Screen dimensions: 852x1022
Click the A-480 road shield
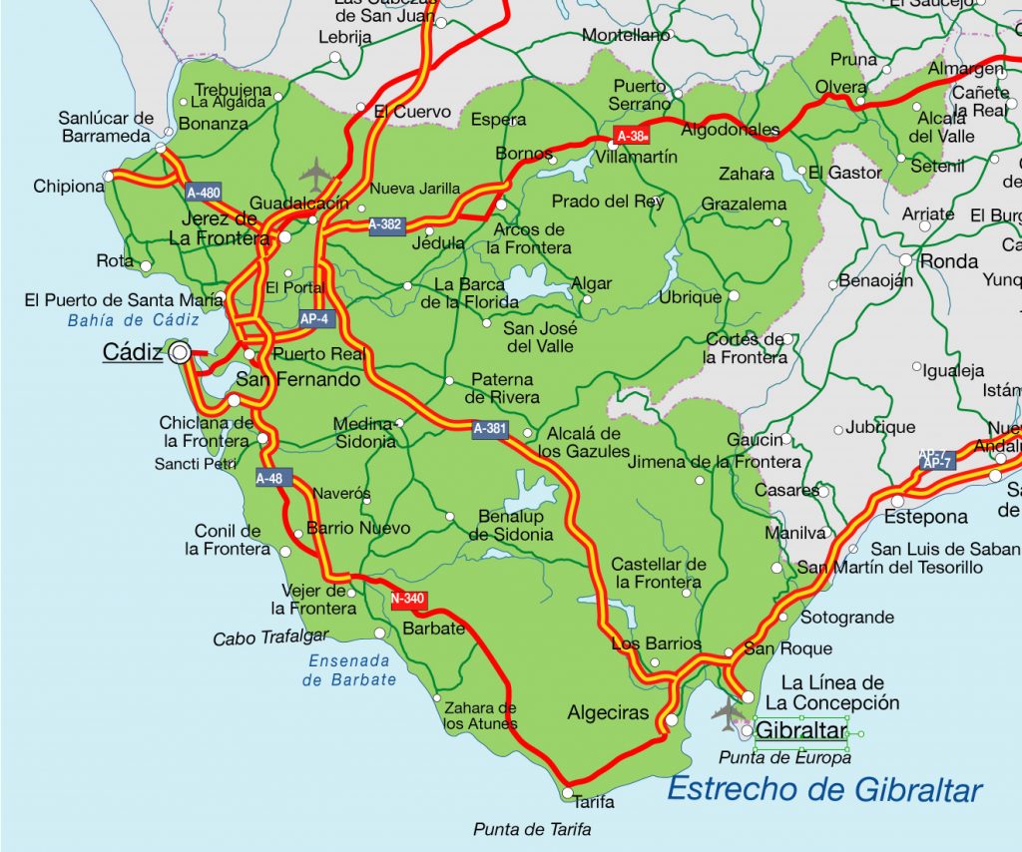[x=204, y=192]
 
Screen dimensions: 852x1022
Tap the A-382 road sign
[x=385, y=224]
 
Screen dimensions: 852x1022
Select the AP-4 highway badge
[x=314, y=319]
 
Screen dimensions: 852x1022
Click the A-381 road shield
[x=490, y=429]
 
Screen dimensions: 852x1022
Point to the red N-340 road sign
[x=408, y=599]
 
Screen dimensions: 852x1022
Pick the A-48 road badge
[x=269, y=478]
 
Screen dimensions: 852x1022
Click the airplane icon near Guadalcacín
[x=316, y=174]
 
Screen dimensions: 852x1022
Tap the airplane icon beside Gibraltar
[x=727, y=711]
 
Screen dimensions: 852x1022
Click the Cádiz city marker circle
[x=180, y=352]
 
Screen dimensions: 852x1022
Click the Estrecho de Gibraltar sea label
[x=824, y=789]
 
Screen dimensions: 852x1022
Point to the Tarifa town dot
[x=567, y=794]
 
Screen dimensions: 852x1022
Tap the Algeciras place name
[x=608, y=713]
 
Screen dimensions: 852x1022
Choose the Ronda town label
[x=948, y=261]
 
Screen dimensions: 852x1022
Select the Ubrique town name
[x=690, y=297]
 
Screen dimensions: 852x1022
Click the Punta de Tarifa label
[x=532, y=829]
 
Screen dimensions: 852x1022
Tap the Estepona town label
[x=925, y=517]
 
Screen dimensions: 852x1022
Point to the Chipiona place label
[x=68, y=186]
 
